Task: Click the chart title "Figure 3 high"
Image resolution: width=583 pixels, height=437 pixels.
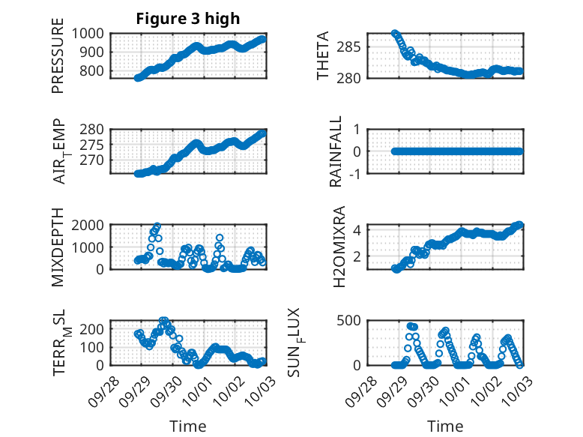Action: click(x=187, y=19)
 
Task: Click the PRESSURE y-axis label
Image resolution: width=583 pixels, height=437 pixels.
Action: click(x=58, y=61)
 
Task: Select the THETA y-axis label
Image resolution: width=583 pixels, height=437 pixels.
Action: click(x=323, y=55)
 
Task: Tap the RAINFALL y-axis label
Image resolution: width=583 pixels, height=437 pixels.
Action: click(x=337, y=151)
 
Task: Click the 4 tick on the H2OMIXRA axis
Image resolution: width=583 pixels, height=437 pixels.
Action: click(x=358, y=229)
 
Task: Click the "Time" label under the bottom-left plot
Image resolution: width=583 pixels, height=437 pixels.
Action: click(x=187, y=427)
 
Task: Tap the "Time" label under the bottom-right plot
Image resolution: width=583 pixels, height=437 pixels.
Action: click(x=445, y=427)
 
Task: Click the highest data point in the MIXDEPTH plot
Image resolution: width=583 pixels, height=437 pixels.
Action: click(x=157, y=226)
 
